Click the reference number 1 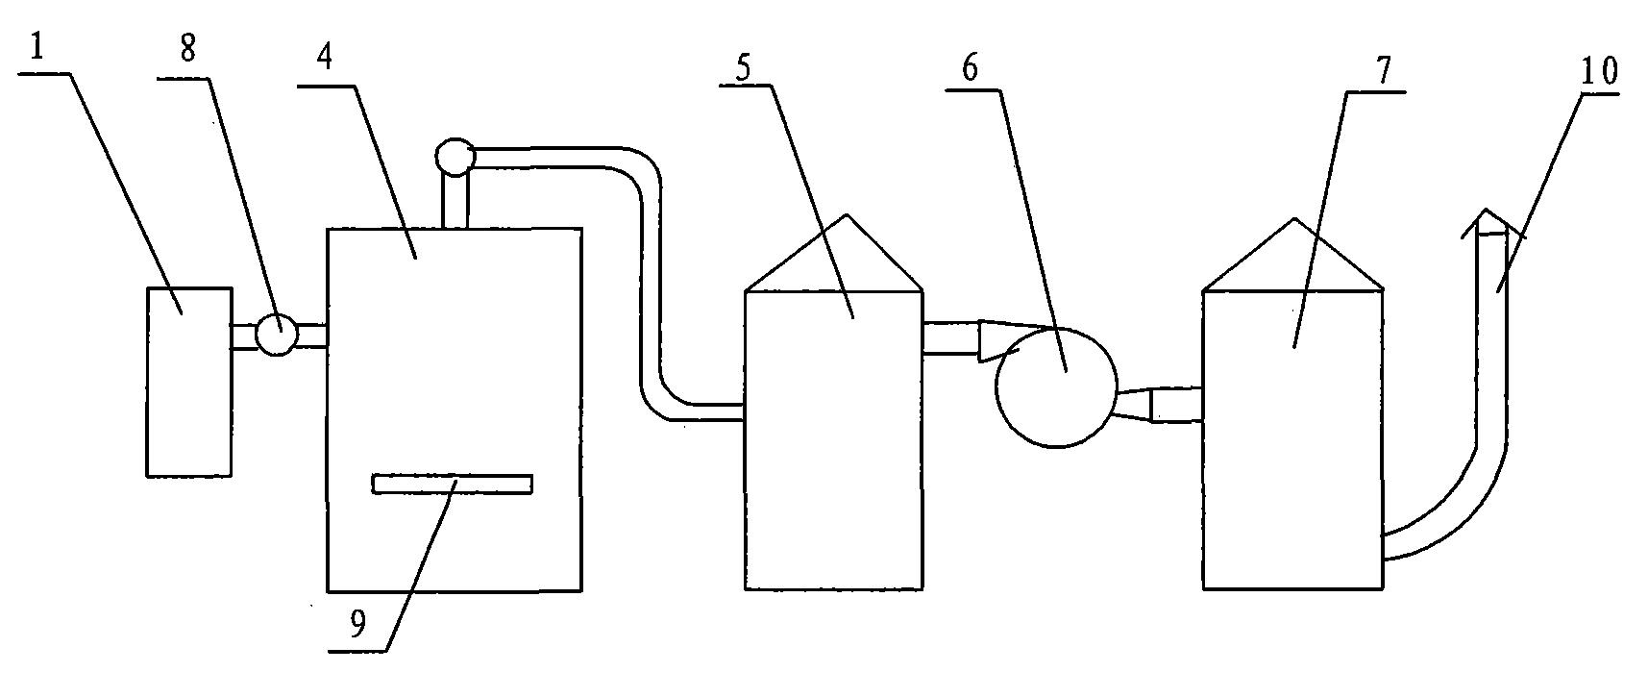tap(37, 48)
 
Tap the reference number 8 tap(187, 48)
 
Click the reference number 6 tap(969, 68)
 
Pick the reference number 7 tap(1385, 70)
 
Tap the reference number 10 tap(1595, 70)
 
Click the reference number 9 tap(357, 626)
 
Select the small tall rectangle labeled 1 tap(189, 382)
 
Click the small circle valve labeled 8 tap(277, 335)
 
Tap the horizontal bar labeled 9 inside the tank tap(452, 484)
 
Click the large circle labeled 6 tap(1056, 386)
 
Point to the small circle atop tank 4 tap(455, 158)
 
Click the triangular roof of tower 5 tap(834, 253)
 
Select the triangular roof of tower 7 tap(1292, 255)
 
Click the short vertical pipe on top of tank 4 tap(455, 202)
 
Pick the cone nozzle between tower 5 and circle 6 tap(996, 340)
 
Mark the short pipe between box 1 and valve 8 tap(244, 336)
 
